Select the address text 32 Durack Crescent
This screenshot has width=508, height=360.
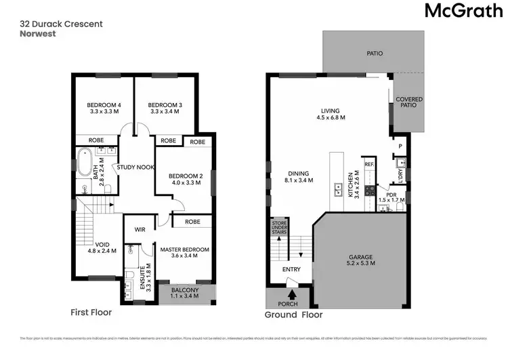coord(61,24)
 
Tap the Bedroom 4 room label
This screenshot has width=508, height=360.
coord(104,104)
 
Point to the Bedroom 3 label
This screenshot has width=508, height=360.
coord(165,104)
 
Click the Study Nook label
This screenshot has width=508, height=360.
coord(135,167)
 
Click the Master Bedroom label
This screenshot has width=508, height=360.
coord(184,249)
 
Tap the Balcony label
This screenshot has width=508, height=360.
coord(184,291)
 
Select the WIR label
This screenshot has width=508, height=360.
coord(140,229)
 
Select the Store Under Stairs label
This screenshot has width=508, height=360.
coord(279,227)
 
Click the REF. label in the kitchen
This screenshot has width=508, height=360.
coord(369,164)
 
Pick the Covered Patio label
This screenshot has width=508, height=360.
coord(409,103)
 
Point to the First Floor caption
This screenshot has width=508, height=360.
coord(91,313)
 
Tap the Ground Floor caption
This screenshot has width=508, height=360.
coord(293,315)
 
